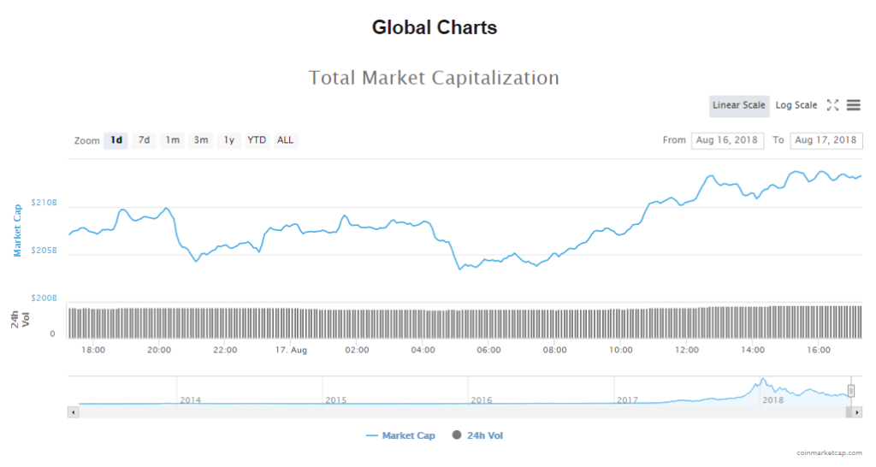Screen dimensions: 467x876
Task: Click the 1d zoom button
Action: [x=116, y=140]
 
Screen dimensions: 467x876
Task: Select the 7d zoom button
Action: [x=144, y=140]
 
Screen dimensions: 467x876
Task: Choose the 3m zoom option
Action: [x=200, y=140]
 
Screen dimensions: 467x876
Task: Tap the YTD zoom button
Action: [x=257, y=140]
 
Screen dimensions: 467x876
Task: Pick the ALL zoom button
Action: [x=285, y=140]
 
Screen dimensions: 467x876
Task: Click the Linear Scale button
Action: [x=739, y=105]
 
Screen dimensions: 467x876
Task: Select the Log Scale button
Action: [x=796, y=105]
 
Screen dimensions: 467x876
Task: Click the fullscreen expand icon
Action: [x=832, y=105]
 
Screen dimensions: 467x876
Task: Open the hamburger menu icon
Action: [x=853, y=105]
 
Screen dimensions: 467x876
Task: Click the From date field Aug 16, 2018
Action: [x=727, y=140]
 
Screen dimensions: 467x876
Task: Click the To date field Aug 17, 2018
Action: [x=826, y=140]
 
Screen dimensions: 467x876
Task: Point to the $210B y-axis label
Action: [x=44, y=204]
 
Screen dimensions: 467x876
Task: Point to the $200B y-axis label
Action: [x=44, y=299]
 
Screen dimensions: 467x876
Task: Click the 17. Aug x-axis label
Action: [x=292, y=350]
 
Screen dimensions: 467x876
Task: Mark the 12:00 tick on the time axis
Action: [x=687, y=350]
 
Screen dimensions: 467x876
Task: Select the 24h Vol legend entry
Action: [x=484, y=436]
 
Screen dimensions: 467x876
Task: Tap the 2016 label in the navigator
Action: [x=481, y=400]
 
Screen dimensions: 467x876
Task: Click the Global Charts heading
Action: [x=435, y=27]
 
